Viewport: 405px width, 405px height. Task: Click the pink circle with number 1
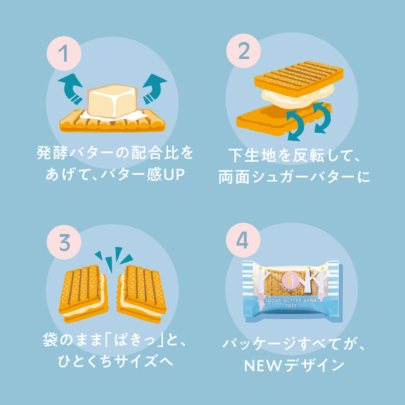[x=64, y=54]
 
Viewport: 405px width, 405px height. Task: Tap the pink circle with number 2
[x=244, y=51]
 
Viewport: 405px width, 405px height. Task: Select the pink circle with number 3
[x=64, y=242]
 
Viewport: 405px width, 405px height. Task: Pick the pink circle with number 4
[x=243, y=240]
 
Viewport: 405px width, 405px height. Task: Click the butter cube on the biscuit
[x=112, y=101]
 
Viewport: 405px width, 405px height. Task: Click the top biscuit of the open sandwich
[x=299, y=78]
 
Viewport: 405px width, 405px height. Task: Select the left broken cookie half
[x=83, y=294]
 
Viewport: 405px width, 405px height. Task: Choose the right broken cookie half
[x=142, y=294]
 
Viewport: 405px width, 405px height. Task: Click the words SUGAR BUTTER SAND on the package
[x=291, y=301]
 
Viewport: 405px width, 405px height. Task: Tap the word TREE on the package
[x=291, y=306]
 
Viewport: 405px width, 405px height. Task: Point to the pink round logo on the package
[x=291, y=281]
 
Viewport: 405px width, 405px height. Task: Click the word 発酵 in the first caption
[x=53, y=153]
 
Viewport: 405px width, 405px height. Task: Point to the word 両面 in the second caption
[x=234, y=177]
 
